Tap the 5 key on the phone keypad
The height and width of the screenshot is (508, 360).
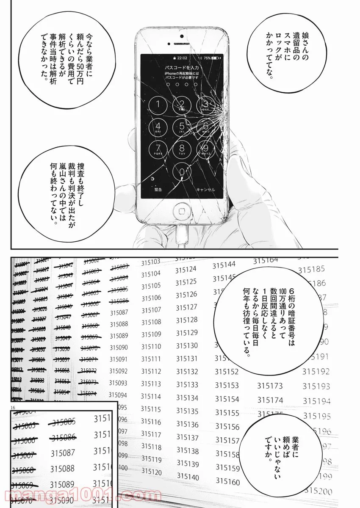[x=182, y=126]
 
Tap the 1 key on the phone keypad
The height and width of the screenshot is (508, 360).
[x=158, y=105]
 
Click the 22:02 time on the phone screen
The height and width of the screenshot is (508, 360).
[x=183, y=58]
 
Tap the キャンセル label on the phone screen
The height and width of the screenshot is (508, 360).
[x=205, y=190]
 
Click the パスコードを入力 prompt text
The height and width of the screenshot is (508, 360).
[x=182, y=68]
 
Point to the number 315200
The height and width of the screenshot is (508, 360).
[x=320, y=490]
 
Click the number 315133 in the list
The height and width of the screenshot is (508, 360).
[x=187, y=385]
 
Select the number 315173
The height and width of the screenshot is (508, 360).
[x=270, y=386]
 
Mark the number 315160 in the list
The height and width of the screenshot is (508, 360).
[x=227, y=481]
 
